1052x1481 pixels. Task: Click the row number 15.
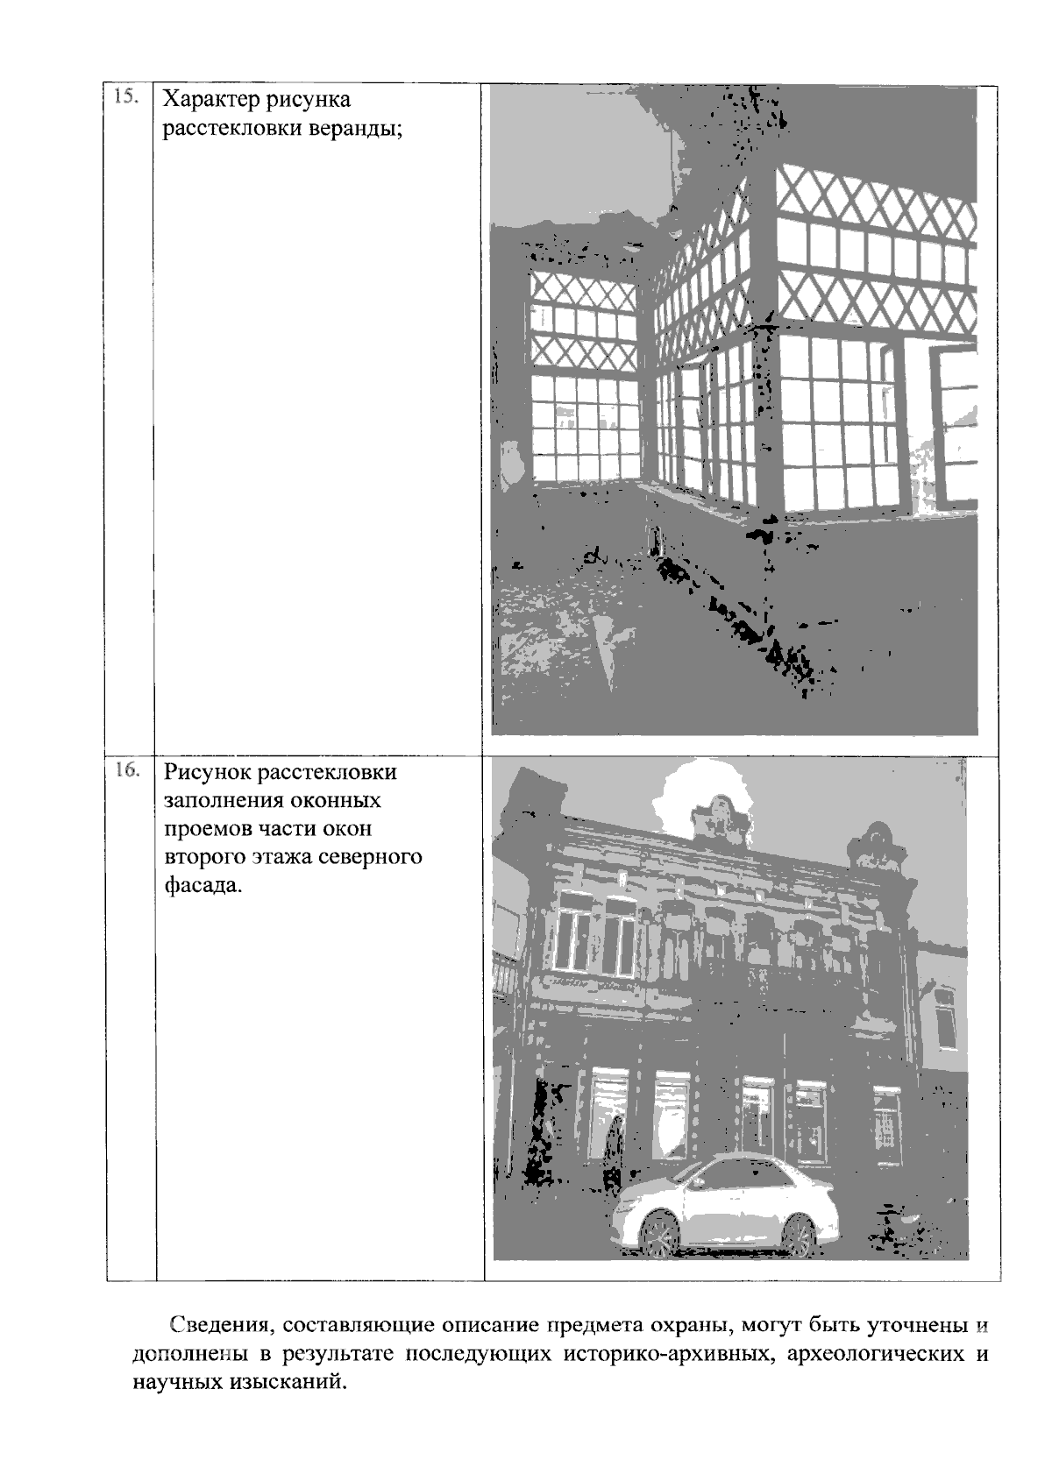tap(125, 96)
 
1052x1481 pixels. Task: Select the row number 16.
tap(128, 770)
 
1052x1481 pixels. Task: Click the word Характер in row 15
tap(211, 101)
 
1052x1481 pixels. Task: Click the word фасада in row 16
tap(203, 885)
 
